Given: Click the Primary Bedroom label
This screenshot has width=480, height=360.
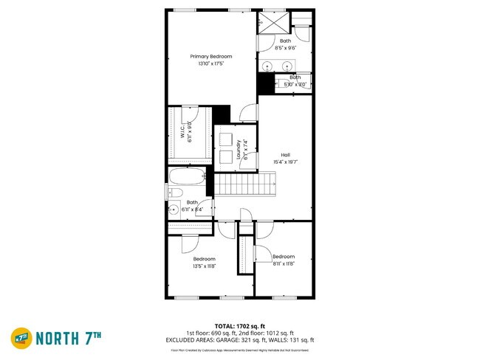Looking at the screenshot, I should [211, 57].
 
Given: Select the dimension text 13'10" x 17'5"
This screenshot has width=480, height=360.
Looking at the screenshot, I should [211, 64].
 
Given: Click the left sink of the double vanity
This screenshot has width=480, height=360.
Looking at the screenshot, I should [273, 66].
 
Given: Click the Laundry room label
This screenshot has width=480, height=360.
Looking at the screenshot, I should [239, 150].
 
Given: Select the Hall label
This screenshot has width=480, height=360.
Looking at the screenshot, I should [285, 154].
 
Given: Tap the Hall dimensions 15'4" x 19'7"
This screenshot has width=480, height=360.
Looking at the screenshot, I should [285, 162].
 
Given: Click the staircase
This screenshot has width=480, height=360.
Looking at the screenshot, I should [244, 184].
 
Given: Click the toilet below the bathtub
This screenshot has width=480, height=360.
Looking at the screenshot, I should [175, 193].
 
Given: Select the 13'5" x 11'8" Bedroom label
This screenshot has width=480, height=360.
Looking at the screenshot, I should [205, 259].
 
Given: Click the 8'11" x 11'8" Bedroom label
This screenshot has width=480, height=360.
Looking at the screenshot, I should [284, 257].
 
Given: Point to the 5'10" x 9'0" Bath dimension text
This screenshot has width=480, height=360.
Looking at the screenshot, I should [295, 84].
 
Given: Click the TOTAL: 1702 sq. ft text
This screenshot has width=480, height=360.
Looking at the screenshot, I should [239, 325].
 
